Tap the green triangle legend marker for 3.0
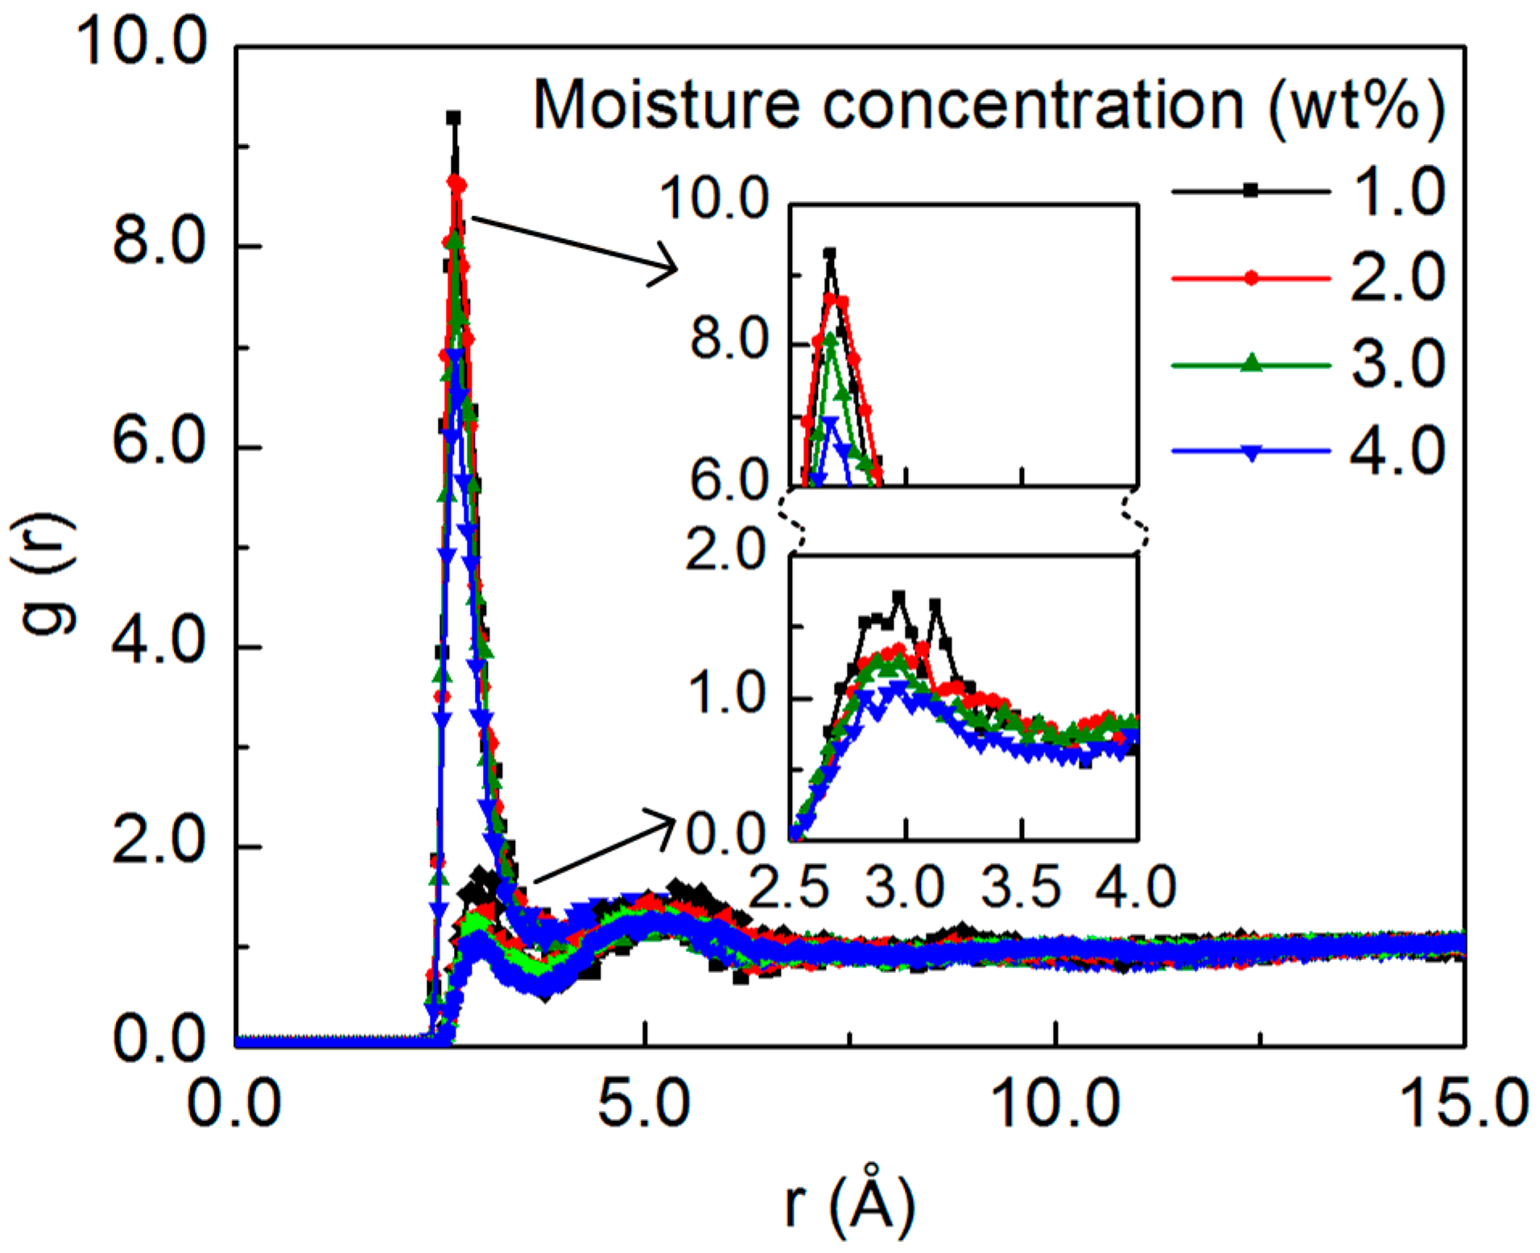click(x=1250, y=364)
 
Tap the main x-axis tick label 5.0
click(x=644, y=1103)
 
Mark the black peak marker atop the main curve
click(x=453, y=118)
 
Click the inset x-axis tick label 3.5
click(x=1021, y=887)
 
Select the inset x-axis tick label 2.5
click(x=789, y=887)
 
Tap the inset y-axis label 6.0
click(x=729, y=483)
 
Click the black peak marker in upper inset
click(x=829, y=253)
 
